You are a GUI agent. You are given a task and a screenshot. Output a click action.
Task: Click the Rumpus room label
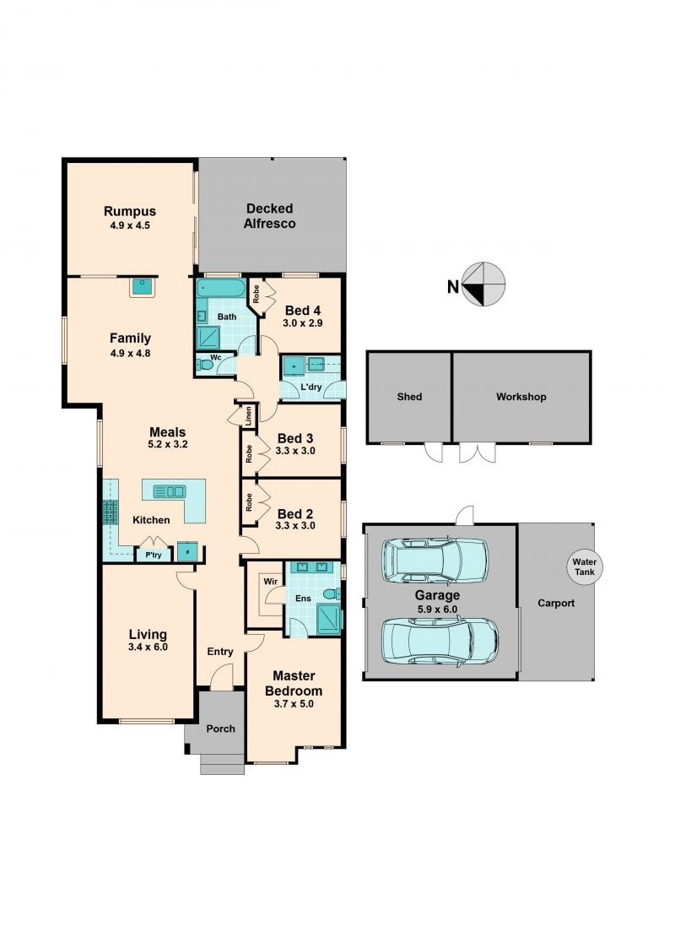130,211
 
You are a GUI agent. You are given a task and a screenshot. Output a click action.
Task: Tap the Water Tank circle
584,567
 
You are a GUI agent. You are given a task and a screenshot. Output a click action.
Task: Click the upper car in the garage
435,561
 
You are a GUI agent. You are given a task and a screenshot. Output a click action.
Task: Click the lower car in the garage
440,640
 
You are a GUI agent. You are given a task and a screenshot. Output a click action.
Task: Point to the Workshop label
521,397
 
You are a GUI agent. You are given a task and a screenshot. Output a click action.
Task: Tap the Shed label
409,397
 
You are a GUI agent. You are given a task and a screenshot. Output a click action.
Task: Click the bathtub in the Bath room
220,288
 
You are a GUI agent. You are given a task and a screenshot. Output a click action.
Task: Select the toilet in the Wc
204,365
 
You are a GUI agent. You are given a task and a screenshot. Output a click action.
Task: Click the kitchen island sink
170,491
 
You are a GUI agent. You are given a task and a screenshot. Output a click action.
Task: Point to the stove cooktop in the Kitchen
110,512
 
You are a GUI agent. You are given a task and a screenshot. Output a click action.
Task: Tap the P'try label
154,555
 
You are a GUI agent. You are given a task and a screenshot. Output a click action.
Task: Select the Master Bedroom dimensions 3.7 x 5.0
294,704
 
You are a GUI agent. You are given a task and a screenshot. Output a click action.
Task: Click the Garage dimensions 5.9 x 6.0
437,610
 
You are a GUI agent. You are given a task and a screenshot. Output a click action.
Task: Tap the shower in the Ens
329,620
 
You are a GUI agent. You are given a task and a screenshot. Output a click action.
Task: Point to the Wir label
270,582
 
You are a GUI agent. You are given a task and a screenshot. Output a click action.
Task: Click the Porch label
220,729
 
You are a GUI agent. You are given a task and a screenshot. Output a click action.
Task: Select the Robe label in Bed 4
256,295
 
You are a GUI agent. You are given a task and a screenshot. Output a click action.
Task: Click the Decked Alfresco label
270,216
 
